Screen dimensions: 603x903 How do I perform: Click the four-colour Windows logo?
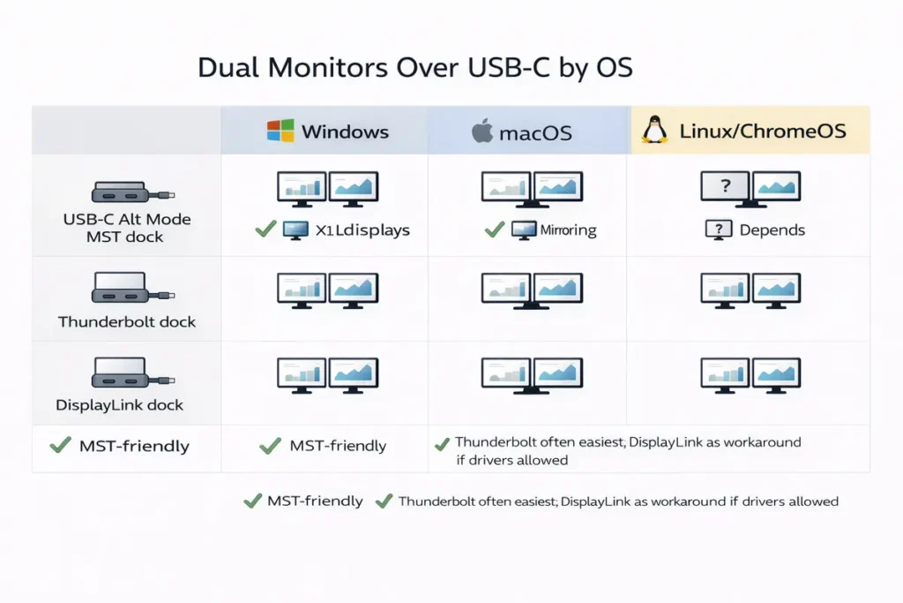[x=280, y=131]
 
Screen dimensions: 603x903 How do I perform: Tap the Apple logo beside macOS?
[x=481, y=132]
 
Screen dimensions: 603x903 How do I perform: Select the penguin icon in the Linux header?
[x=653, y=131]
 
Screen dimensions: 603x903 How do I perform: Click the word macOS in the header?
[x=535, y=133]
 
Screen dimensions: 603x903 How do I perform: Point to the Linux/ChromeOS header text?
[x=763, y=132]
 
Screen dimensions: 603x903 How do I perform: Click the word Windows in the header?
[x=345, y=132]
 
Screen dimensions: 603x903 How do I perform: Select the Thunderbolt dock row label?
[x=127, y=321]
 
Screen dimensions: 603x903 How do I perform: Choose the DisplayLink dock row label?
[x=120, y=405]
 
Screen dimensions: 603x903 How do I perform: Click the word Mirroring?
[x=568, y=230]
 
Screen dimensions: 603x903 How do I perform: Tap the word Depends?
[x=772, y=230]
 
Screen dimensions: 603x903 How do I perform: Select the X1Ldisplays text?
[x=362, y=230]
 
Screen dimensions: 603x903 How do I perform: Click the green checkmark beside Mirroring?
[x=494, y=230]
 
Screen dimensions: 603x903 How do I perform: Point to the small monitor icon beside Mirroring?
[x=524, y=230]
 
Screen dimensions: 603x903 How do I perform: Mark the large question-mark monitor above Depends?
[x=724, y=188]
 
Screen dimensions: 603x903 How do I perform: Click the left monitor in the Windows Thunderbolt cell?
[x=302, y=289]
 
